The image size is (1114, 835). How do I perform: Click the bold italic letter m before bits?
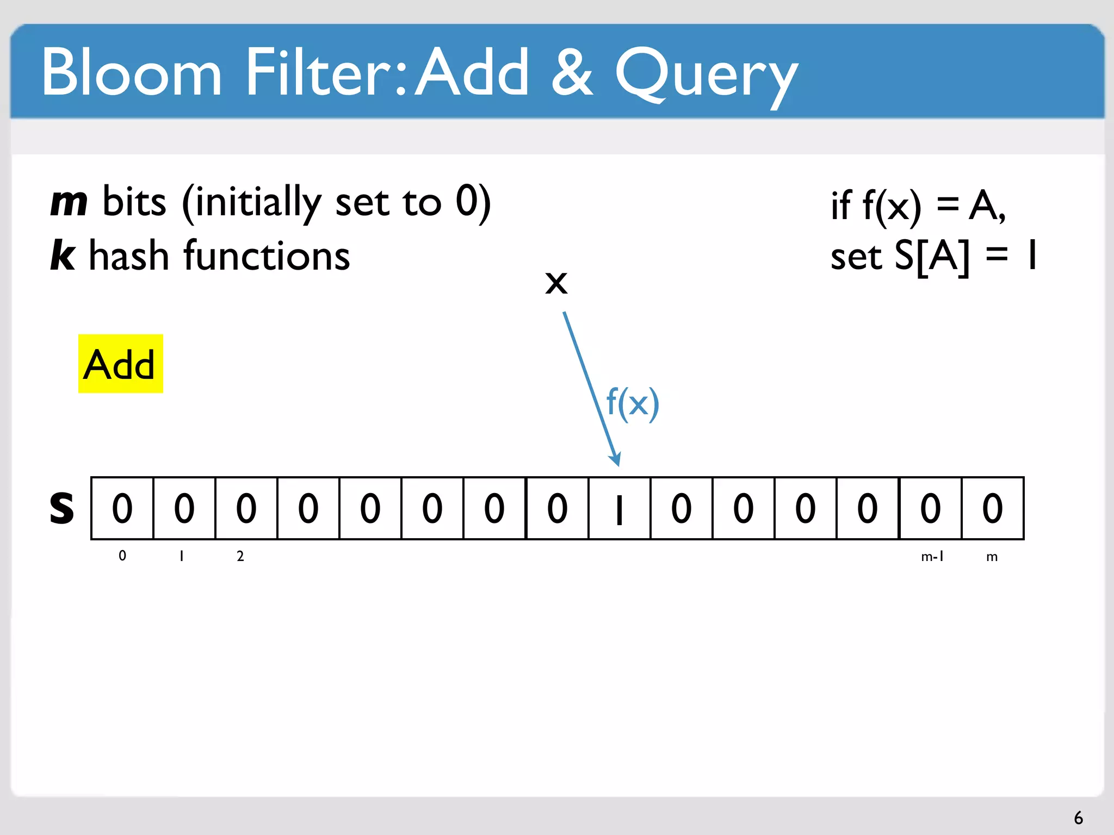point(69,202)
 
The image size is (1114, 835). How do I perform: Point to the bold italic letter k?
point(63,256)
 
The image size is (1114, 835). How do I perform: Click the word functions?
point(267,256)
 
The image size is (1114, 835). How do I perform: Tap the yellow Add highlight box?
point(120,364)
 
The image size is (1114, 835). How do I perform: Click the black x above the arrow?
point(556,283)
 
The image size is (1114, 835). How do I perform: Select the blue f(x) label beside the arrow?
point(633,403)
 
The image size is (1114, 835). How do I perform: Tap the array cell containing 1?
point(619,508)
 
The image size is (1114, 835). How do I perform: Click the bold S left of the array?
point(61,508)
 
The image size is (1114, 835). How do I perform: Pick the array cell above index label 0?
point(122,508)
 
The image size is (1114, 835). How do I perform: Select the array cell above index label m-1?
point(930,508)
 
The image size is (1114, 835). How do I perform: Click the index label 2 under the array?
point(240,556)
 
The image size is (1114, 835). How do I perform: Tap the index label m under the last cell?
point(992,557)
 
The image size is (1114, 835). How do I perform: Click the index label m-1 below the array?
point(932,556)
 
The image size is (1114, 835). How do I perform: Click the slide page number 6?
point(1078,818)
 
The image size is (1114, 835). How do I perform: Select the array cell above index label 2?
point(246,508)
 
